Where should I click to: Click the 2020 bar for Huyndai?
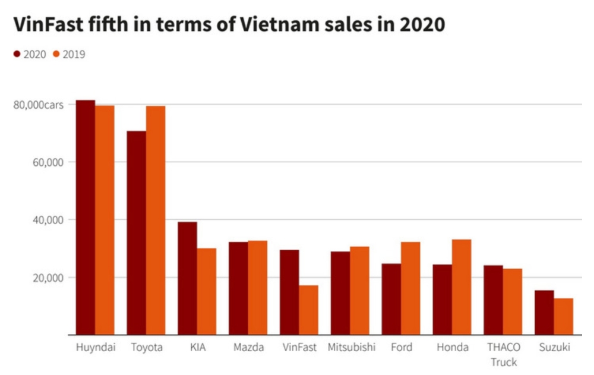pyautogui.click(x=86, y=218)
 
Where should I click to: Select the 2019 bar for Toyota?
pyautogui.click(x=156, y=220)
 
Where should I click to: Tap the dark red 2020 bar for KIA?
pyautogui.click(x=187, y=278)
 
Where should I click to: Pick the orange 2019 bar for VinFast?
pyautogui.click(x=308, y=310)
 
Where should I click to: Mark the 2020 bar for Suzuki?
pyautogui.click(x=544, y=313)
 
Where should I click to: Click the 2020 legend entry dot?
pyautogui.click(x=17, y=54)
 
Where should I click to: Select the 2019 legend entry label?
pyautogui.click(x=74, y=55)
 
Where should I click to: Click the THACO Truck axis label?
pyautogui.click(x=503, y=354)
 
